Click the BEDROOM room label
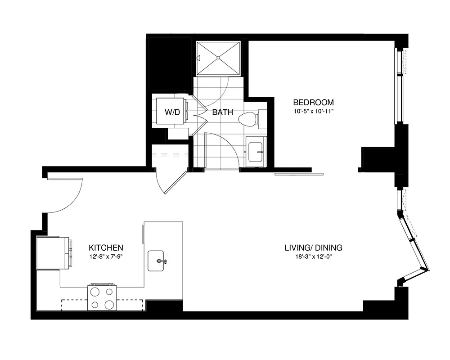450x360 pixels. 313,102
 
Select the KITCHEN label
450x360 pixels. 106,248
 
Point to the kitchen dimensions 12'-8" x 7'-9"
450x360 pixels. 106,256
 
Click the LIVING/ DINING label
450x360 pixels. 314,248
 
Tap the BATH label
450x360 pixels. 223,112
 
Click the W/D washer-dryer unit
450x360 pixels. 171,112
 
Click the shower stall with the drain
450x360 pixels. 219,58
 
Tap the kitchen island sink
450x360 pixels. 158,261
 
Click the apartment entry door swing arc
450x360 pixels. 67,196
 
